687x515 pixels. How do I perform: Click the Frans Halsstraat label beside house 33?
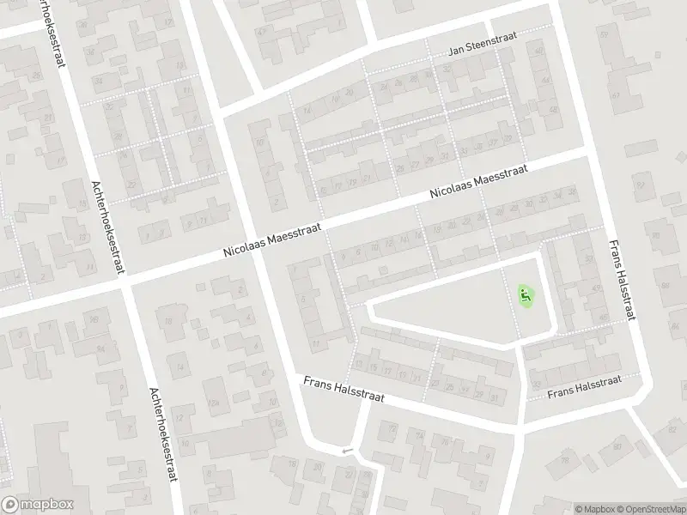point(585,390)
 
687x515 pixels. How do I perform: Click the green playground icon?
point(525,297)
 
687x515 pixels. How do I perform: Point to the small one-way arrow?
point(347,451)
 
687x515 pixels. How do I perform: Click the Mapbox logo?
point(38,504)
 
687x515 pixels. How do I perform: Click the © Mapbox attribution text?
point(595,509)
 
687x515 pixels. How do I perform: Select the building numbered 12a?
point(214,403)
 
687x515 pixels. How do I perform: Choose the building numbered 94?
point(100,348)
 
